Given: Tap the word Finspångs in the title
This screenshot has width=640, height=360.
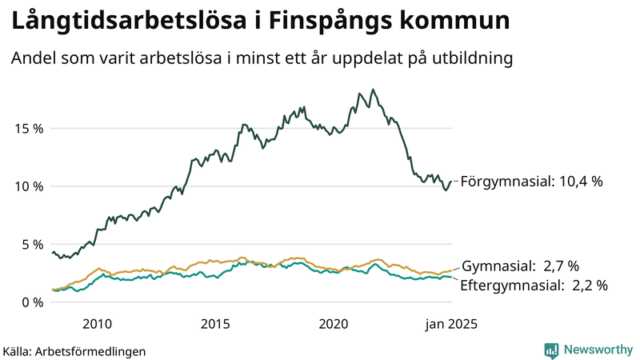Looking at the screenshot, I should [x=327, y=22].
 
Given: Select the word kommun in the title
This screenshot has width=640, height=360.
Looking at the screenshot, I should [x=456, y=22].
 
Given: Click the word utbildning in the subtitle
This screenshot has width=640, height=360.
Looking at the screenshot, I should [x=468, y=58].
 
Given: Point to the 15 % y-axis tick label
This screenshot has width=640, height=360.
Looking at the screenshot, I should [x=26, y=128].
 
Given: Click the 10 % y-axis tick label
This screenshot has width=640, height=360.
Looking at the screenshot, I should [x=26, y=186].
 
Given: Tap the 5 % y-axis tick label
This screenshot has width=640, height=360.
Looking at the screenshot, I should [x=30, y=244].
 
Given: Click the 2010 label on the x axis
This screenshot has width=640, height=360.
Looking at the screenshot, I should [x=96, y=324].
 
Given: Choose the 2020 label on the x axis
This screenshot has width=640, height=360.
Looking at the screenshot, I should [x=334, y=324].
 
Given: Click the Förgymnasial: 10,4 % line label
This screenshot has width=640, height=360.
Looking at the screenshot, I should [x=531, y=182].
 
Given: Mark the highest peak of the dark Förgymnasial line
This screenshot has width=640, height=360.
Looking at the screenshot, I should [x=373, y=90].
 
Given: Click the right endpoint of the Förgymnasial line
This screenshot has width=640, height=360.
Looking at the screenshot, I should [x=452, y=182].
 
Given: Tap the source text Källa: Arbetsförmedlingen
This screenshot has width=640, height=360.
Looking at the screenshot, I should [x=74, y=350].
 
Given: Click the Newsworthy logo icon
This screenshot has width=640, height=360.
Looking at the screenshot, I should [x=551, y=350].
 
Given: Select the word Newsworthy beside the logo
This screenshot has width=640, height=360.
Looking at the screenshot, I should [x=597, y=350].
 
